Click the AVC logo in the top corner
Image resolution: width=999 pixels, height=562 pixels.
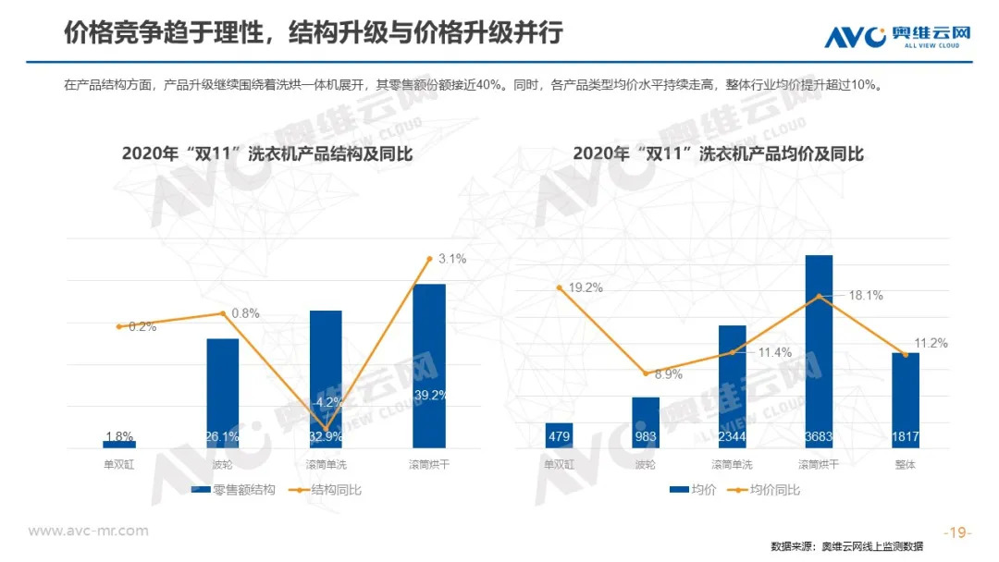coord(896,36)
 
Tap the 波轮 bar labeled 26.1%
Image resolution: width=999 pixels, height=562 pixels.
coord(222,393)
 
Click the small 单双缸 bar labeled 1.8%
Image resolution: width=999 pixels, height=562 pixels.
coord(119,445)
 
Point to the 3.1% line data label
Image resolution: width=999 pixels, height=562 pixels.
coord(452,260)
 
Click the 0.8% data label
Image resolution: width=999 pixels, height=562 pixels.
coord(245,313)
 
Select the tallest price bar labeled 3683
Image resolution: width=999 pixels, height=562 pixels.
coord(819,351)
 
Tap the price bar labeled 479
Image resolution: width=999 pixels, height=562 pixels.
coord(559,435)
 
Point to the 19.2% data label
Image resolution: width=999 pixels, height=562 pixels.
coord(585,287)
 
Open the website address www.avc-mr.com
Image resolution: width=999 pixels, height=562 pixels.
coord(88,531)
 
